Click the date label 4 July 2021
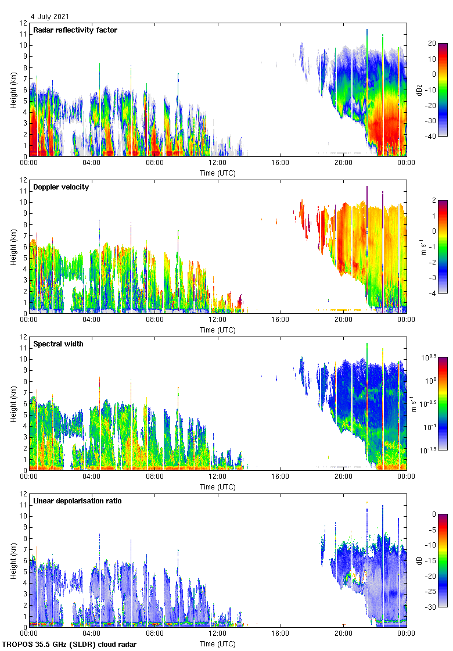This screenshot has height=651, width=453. pos(49,17)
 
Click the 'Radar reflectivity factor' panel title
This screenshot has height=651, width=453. pos(75,30)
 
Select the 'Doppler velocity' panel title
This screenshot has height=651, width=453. pos(61,187)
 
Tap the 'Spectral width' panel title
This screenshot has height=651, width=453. pos(58,344)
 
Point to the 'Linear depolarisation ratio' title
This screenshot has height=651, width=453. pos(77,501)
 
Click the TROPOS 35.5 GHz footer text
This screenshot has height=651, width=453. pos(70,645)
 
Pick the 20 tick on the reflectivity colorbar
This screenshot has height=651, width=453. pos(432,44)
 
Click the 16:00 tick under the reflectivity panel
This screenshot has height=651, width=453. pos(281,163)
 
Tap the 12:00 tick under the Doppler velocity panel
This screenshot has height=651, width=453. pos(218,320)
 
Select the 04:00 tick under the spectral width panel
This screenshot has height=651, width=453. pos(92,477)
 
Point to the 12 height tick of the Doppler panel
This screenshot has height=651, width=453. pos(24,180)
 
